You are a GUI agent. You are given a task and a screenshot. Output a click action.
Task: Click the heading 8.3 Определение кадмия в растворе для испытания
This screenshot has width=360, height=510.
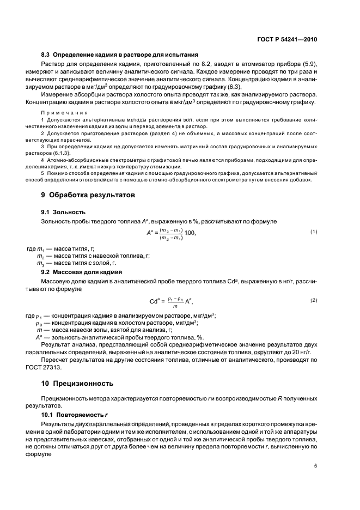click(119, 54)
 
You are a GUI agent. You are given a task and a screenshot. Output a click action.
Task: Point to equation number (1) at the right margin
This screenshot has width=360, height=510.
click(314, 232)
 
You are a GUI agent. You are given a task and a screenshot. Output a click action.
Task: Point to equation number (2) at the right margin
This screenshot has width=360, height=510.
click(314, 300)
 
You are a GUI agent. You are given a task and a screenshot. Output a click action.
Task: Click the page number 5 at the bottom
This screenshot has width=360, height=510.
click(315, 466)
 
